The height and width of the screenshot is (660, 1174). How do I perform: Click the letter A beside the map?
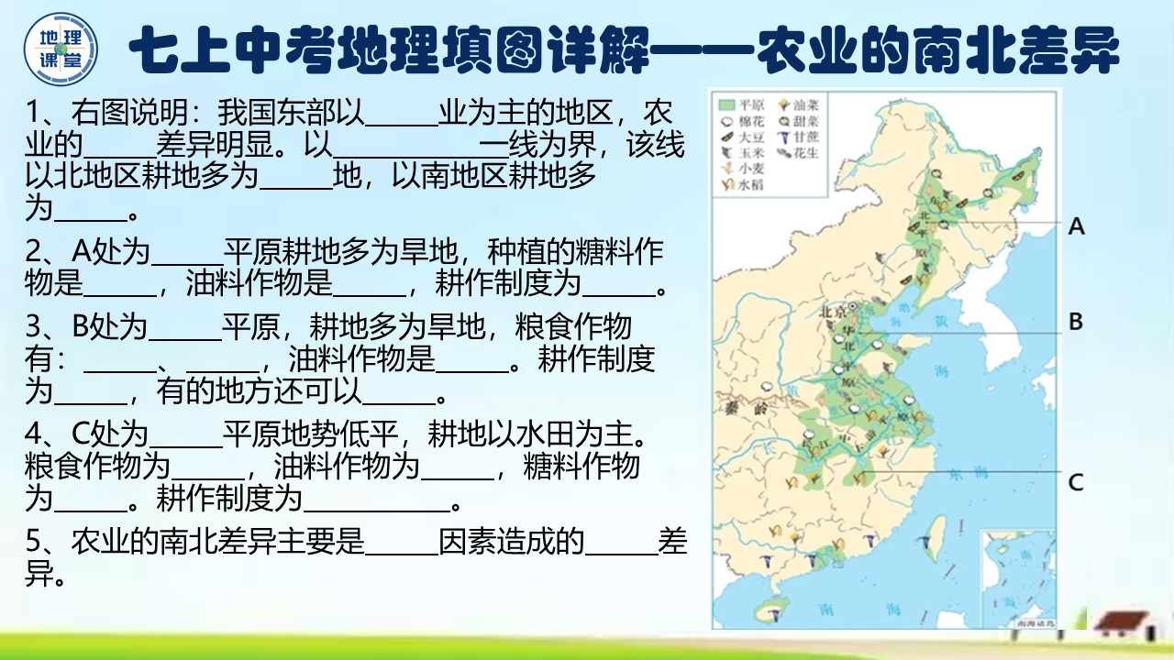1076,225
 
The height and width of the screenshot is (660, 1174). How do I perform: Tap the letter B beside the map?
1076,322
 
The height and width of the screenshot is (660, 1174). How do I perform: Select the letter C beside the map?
1076,481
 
